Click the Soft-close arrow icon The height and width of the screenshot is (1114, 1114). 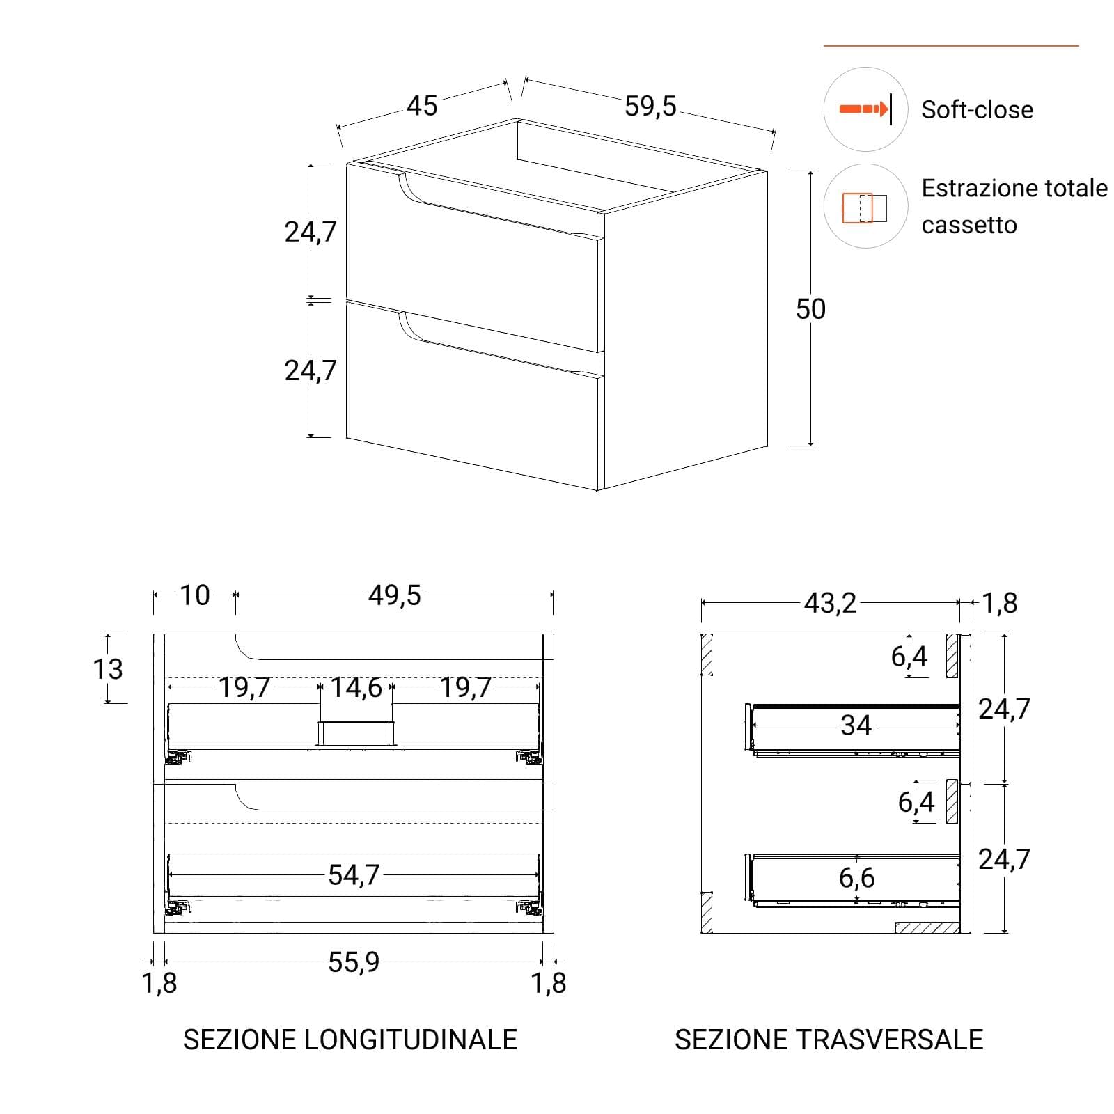coord(865,109)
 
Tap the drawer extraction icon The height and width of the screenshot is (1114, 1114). coord(865,207)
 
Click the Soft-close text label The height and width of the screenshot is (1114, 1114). coord(977,109)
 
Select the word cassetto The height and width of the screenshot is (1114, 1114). coord(969,225)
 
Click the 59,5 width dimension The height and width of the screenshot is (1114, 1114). coord(650,106)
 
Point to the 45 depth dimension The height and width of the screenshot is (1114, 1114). coord(422,106)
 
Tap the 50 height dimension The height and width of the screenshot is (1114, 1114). coord(810,308)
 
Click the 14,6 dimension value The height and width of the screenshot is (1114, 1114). coord(356,687)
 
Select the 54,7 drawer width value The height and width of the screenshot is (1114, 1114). coord(354,874)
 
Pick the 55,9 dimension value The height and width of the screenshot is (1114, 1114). coord(354,962)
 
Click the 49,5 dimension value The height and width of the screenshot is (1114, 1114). coord(395,595)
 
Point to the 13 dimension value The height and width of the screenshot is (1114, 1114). coord(108,669)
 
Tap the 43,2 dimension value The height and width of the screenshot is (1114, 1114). coord(830,603)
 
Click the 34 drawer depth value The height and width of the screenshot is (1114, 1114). coord(856,725)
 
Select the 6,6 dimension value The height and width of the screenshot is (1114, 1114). coord(856,878)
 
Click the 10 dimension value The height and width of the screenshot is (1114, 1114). coord(195,595)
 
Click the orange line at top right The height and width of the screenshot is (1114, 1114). coord(951,46)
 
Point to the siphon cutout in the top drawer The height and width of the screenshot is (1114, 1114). coord(356,733)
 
